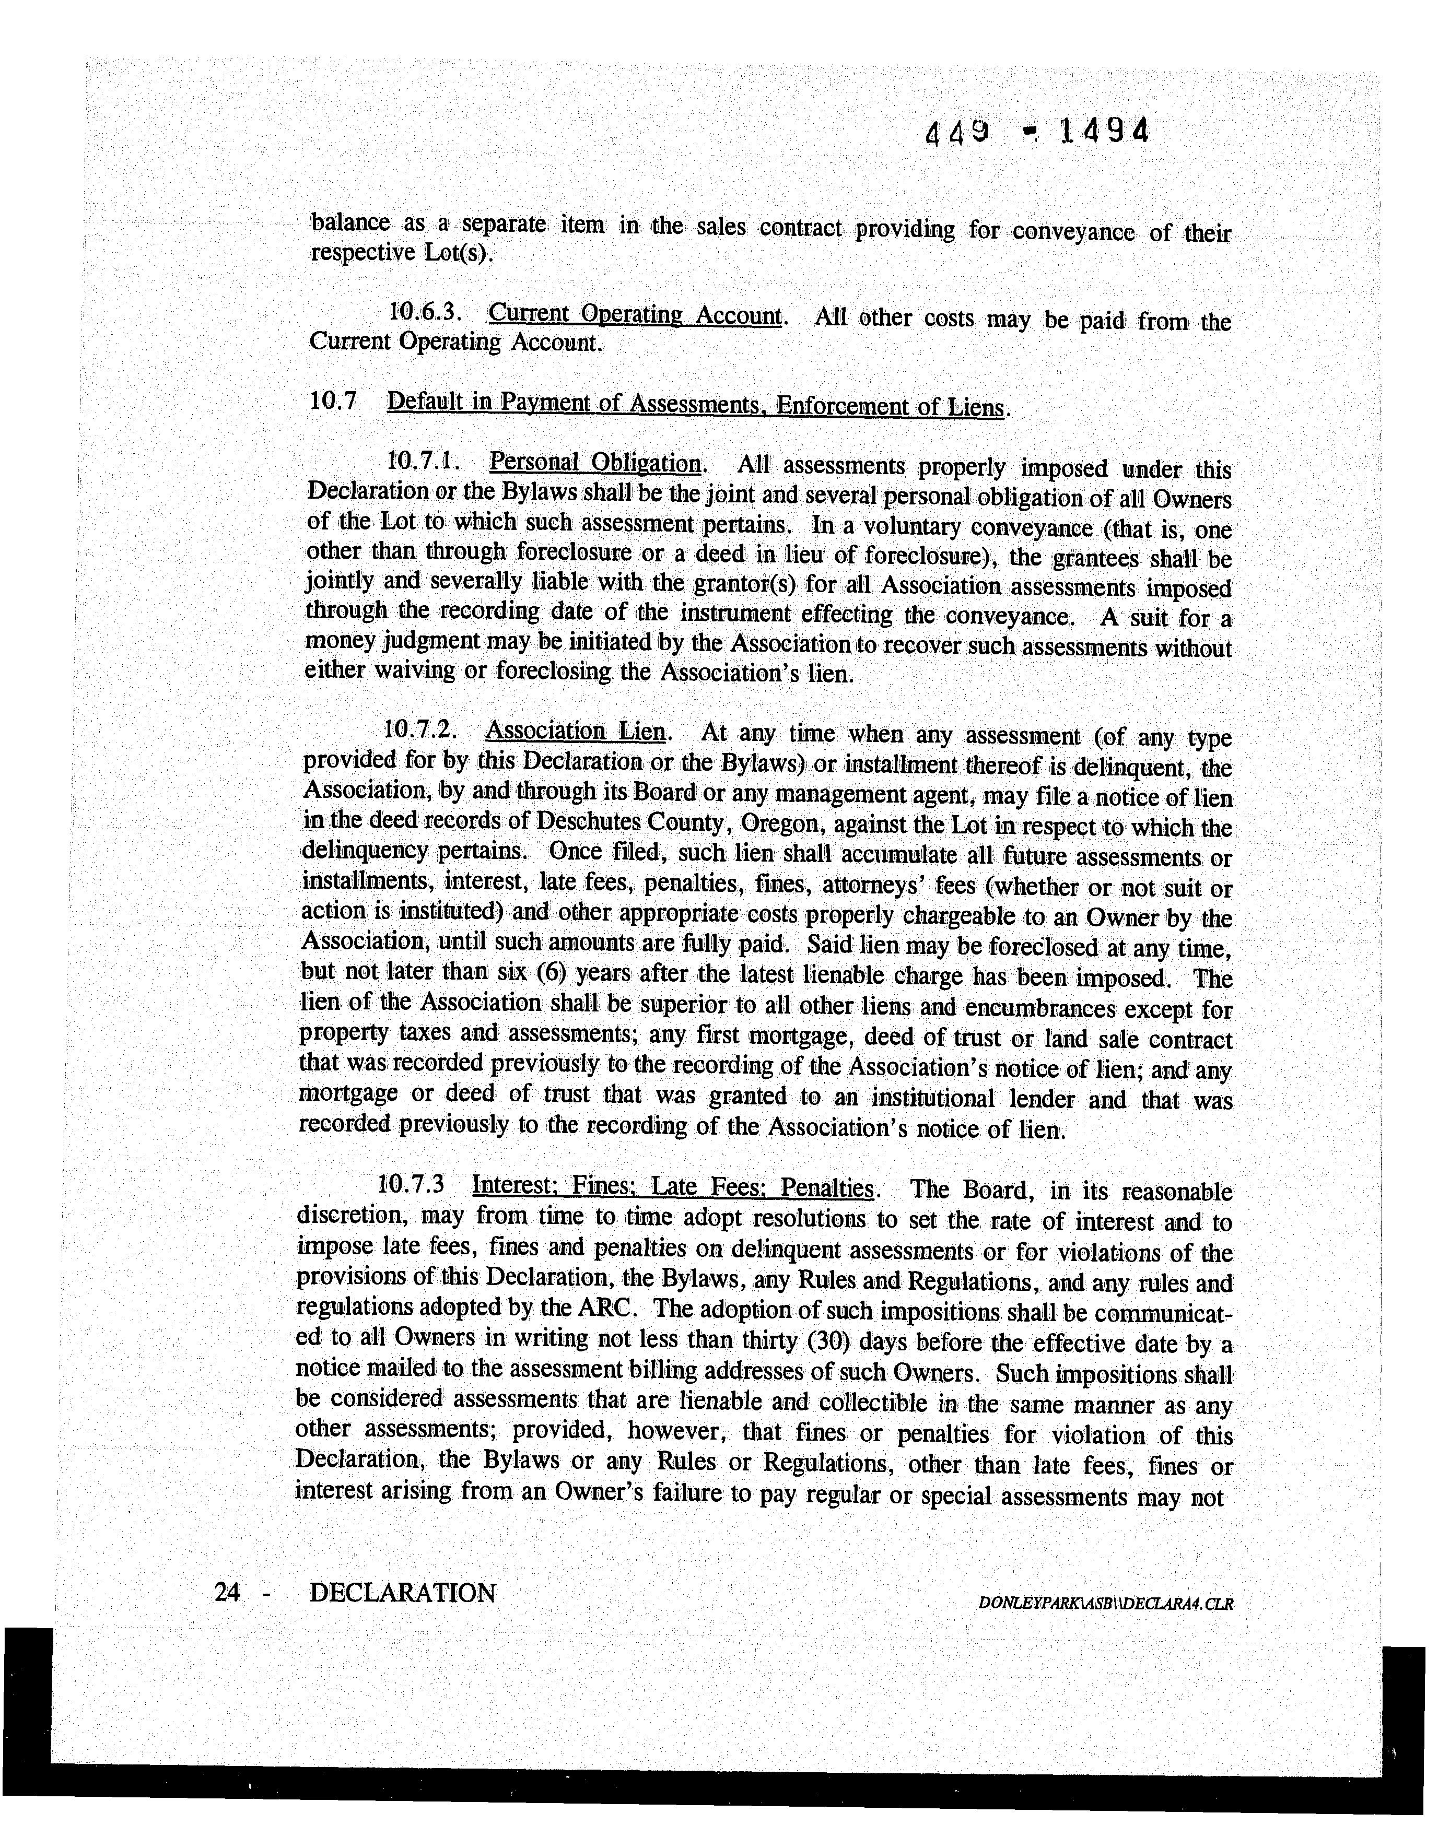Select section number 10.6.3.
(x=425, y=312)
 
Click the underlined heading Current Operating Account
(x=636, y=315)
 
